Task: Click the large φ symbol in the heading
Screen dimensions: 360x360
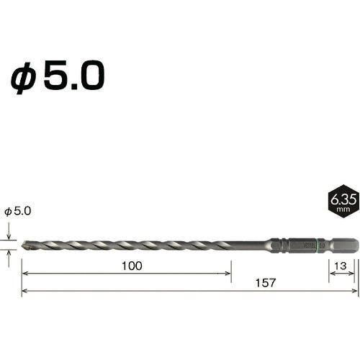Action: point(24,78)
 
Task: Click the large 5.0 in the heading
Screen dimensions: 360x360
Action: point(74,75)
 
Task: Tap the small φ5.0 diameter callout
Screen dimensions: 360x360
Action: point(18,211)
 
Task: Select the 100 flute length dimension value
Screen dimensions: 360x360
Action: point(132,266)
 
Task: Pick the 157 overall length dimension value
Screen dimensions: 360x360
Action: point(265,283)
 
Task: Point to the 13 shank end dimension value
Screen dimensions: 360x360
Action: point(341,266)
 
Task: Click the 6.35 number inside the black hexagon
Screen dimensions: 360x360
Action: point(343,199)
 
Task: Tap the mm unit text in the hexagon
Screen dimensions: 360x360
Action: point(343,210)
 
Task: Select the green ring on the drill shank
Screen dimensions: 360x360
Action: point(318,245)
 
